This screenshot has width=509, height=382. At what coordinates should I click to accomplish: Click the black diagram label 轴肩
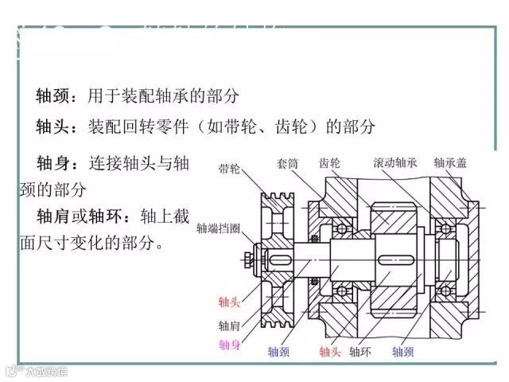[229, 325]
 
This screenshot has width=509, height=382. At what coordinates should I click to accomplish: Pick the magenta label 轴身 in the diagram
[229, 345]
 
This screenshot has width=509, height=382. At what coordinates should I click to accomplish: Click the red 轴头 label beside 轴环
[330, 351]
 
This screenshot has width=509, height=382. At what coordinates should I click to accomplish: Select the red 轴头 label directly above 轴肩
[229, 302]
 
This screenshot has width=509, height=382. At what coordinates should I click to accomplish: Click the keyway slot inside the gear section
[398, 259]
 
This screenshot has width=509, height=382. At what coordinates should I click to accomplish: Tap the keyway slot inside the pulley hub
[279, 258]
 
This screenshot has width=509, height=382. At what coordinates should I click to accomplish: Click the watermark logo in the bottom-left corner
[35, 371]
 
